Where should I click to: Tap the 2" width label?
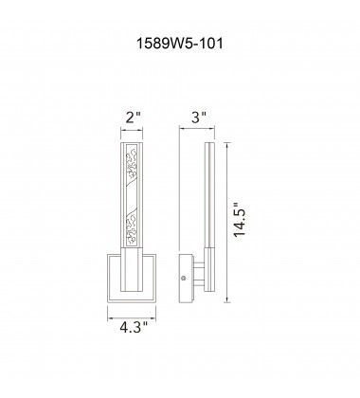[x=133, y=120]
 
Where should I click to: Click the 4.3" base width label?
[x=134, y=334]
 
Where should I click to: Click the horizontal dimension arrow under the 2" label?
[x=133, y=134]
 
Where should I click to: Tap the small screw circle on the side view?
[x=183, y=279]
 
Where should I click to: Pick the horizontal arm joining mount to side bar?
[x=195, y=275]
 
